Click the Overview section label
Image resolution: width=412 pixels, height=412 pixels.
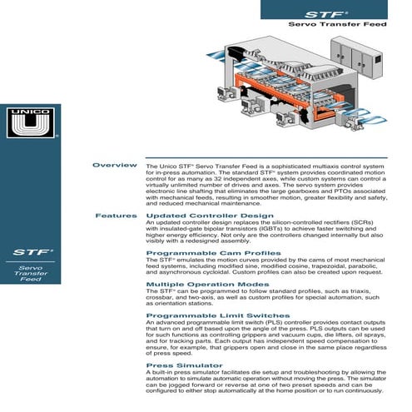coord(114,166)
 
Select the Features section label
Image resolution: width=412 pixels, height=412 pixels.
coord(116,216)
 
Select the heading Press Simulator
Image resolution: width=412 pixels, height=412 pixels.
coord(173,365)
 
